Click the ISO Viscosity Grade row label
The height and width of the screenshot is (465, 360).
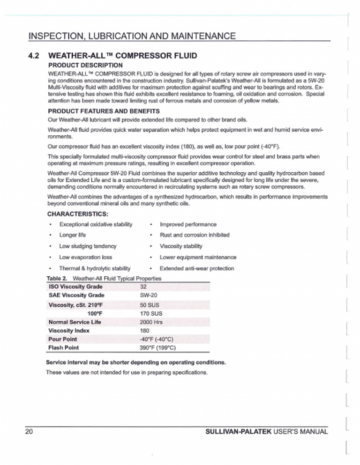(75, 287)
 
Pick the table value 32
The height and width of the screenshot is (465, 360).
(144, 287)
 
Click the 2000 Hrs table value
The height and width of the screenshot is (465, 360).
(151, 322)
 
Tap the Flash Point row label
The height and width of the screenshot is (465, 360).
(64, 347)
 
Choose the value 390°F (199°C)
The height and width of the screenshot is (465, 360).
(157, 347)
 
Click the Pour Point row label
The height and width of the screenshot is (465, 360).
(63, 339)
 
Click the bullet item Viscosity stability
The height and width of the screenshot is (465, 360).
(181, 246)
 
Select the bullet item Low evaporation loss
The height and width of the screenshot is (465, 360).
(85, 257)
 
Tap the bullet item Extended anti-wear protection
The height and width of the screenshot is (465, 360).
(196, 268)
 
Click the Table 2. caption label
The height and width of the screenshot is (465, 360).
(58, 278)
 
